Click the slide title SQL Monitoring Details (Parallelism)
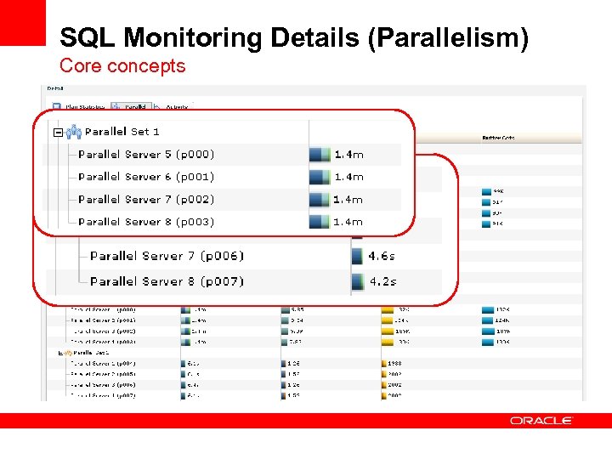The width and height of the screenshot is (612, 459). coord(293,38)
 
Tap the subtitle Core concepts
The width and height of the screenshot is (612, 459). coord(122,65)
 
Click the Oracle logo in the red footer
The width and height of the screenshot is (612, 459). coord(541,420)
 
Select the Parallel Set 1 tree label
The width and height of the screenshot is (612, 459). coord(122,132)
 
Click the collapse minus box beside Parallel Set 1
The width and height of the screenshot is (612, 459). coord(57,133)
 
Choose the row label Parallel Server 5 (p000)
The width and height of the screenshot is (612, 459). coord(146,155)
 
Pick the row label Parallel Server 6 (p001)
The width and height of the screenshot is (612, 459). coord(146,177)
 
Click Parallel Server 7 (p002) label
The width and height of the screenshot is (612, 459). coord(146,200)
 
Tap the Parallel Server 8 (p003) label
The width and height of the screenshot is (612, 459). coord(146,222)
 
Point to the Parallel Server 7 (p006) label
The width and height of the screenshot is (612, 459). coord(167,256)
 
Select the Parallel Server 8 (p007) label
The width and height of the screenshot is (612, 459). coord(167,281)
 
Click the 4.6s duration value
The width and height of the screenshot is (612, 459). coord(381,256)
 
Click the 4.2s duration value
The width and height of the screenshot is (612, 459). coord(381,281)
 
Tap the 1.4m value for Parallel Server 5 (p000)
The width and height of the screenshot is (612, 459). coord(348,155)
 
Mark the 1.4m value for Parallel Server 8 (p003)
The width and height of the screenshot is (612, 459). coord(348,222)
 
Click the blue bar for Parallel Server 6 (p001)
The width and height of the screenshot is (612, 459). coord(320,177)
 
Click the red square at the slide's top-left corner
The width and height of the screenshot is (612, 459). coord(22,22)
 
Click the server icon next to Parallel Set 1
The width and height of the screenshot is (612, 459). coord(73,132)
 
